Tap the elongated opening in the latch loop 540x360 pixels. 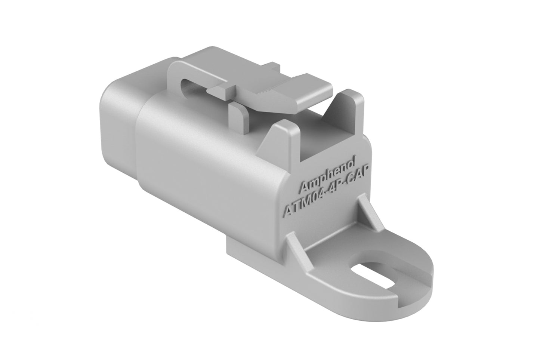click(192, 84)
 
